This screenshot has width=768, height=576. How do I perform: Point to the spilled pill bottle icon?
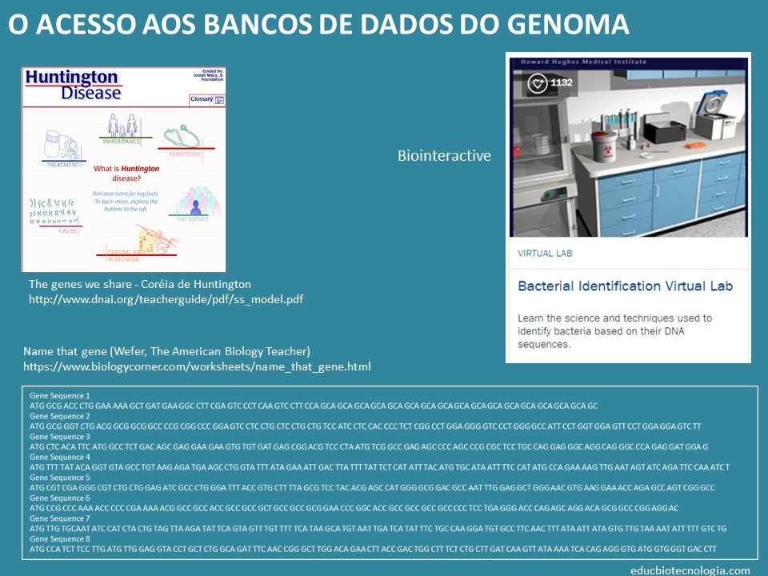(x=63, y=146)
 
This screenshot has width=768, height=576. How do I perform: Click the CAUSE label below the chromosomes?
(x=68, y=230)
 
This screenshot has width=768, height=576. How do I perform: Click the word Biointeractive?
(x=444, y=156)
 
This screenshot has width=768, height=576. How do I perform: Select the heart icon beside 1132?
(x=537, y=82)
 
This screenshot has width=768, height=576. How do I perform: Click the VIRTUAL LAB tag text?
(x=545, y=254)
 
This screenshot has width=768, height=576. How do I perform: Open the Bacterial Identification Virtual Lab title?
(x=625, y=286)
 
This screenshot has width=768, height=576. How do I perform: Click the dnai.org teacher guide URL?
(x=166, y=299)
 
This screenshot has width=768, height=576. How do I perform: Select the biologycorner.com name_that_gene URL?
(x=197, y=366)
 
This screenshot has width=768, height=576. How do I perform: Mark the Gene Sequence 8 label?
(x=60, y=538)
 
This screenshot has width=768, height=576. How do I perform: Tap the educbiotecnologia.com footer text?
(x=690, y=570)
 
